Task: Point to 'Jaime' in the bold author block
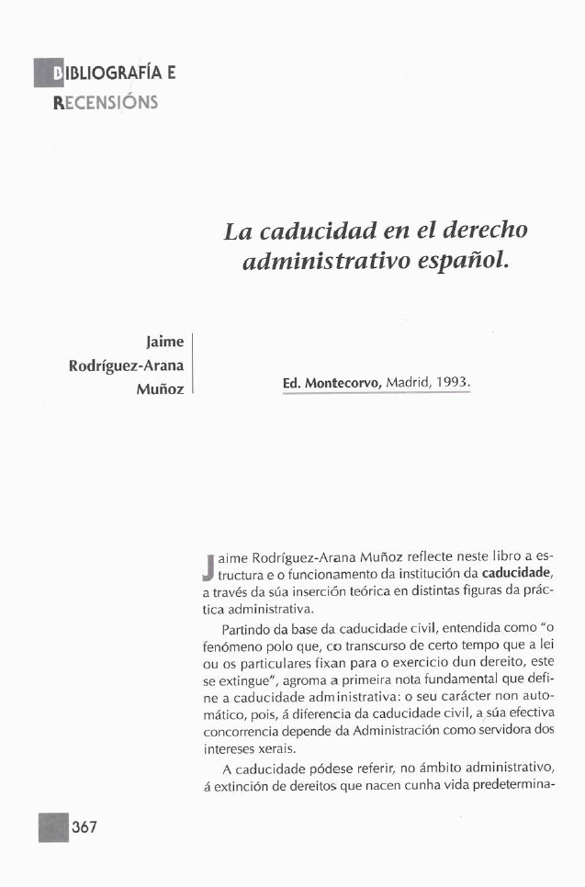[x=165, y=342]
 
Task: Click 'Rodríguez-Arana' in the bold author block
[x=127, y=365]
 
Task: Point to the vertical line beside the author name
[x=192, y=365]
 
